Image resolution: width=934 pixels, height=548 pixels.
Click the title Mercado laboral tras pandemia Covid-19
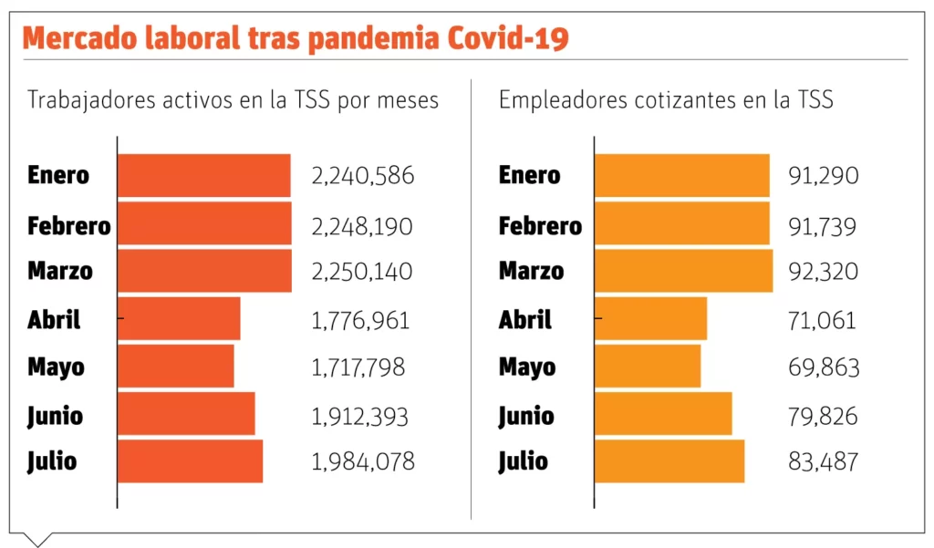296,38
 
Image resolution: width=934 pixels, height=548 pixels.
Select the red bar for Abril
179,319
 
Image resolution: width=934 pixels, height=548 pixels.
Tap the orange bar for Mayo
648,366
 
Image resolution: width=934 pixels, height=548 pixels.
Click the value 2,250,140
362,272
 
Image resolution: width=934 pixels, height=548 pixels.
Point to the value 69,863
824,367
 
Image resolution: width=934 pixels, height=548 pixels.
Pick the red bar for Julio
190,461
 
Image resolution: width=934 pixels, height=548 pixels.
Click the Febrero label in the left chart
69,225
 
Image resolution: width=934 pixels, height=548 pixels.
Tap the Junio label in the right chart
526,416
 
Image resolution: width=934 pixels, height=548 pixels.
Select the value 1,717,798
358,367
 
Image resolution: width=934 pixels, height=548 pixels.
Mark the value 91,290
824,175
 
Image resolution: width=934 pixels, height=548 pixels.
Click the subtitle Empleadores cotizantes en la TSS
666,99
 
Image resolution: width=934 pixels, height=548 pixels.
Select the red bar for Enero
204,175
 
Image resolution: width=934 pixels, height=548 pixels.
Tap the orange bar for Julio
669,461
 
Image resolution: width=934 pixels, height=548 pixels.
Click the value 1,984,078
363,461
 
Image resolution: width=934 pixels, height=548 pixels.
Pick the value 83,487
824,461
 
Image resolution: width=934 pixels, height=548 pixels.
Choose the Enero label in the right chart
529,175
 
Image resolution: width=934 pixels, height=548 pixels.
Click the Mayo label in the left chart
56,367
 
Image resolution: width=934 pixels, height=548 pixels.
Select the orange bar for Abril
650,319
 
